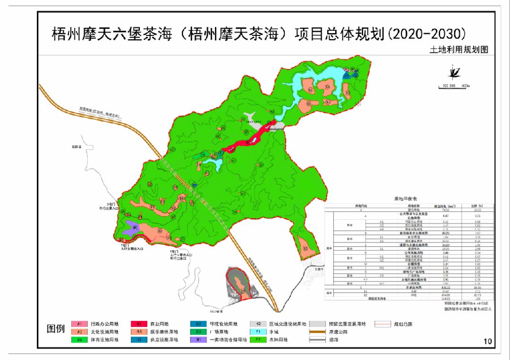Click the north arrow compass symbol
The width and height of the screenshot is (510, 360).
455,72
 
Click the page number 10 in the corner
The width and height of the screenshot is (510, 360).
488,341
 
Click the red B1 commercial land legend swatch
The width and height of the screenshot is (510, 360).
140,324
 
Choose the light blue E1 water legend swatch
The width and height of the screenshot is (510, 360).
258,332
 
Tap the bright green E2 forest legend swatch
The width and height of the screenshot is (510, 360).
258,340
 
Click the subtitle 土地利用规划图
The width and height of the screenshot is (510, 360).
458,50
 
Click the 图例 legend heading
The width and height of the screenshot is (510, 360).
56,329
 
